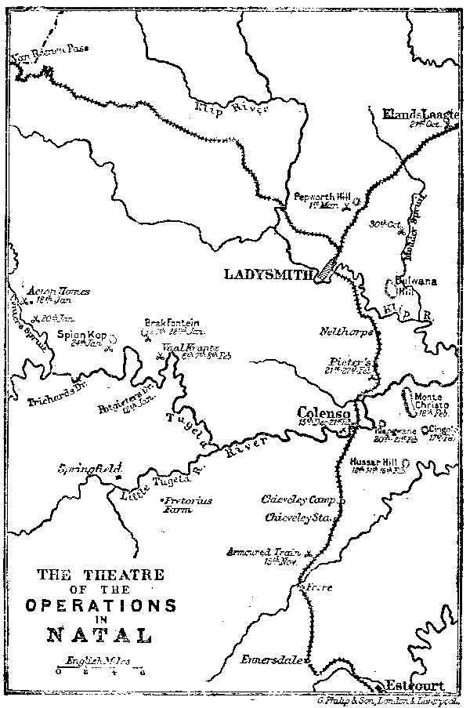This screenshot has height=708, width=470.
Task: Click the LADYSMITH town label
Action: point(269,274)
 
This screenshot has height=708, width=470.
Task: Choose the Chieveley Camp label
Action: point(298,499)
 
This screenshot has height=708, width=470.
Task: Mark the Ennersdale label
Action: point(271,659)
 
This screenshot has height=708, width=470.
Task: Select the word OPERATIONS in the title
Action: point(100,606)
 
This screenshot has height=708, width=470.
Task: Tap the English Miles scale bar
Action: point(99,670)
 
